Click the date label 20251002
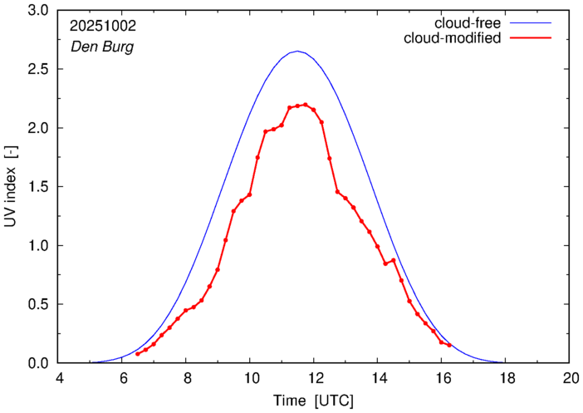(102, 27)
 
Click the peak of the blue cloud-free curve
(297, 52)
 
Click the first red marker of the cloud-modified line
(138, 354)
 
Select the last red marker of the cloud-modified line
(449, 345)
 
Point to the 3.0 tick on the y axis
(39, 11)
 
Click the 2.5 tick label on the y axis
(39, 70)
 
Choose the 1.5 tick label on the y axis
(39, 187)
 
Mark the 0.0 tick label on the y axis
(39, 363)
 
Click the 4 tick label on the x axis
(59, 376)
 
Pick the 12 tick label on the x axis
(314, 376)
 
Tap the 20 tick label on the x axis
(569, 376)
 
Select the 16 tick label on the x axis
(441, 376)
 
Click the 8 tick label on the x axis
(187, 376)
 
